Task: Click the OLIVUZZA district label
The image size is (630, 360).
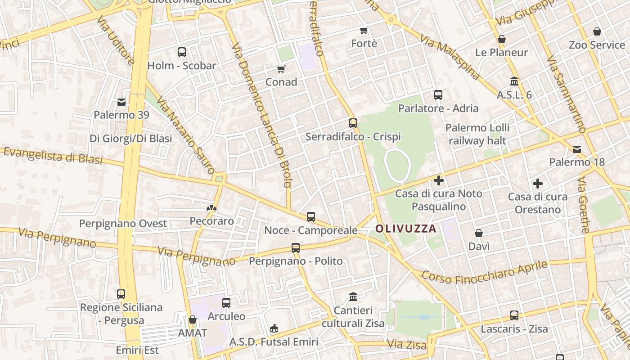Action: point(406,229)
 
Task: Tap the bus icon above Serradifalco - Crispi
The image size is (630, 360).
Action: point(353,123)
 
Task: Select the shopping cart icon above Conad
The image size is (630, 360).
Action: point(281,69)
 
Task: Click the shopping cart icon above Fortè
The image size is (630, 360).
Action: point(364,31)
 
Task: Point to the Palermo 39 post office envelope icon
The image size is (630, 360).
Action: point(121,102)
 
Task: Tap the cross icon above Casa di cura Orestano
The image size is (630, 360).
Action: point(537,184)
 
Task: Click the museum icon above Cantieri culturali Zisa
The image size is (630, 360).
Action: point(353,297)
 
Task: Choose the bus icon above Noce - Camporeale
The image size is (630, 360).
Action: point(311,217)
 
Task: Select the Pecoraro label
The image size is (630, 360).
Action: point(212,221)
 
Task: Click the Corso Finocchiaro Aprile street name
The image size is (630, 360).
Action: point(485,273)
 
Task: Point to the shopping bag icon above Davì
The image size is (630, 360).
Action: point(479,233)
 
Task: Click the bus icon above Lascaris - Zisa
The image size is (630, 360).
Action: point(514,315)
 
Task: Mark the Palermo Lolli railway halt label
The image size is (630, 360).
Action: point(477,134)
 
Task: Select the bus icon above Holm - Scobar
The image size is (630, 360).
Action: point(182,52)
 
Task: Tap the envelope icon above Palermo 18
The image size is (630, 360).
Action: point(577,149)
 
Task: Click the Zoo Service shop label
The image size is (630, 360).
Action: point(597,45)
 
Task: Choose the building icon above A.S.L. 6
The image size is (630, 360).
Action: point(514,81)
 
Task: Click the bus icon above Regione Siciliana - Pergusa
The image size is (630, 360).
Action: point(121,294)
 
